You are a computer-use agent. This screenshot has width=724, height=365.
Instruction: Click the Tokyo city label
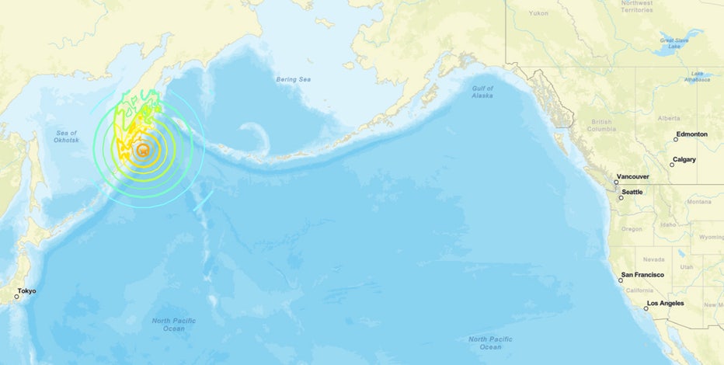(x=27, y=291)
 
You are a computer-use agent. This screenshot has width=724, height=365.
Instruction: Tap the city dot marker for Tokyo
(x=16, y=297)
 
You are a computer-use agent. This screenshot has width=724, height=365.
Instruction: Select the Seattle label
(x=632, y=192)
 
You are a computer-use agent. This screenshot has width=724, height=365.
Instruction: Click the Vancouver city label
(x=633, y=177)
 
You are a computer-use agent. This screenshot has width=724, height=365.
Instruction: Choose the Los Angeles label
(x=666, y=303)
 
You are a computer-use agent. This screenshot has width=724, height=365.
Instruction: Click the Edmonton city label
(x=692, y=134)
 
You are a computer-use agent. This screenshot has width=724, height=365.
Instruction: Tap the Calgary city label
(x=684, y=159)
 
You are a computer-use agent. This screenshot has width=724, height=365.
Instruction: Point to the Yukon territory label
(x=538, y=13)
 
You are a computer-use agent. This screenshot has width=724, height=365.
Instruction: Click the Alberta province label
(x=668, y=118)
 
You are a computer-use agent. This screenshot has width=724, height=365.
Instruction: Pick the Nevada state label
(x=653, y=259)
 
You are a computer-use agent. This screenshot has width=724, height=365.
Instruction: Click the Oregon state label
(x=632, y=228)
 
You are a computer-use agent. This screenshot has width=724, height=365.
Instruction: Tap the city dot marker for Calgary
(x=672, y=165)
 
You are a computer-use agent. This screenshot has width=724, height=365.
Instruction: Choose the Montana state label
(x=699, y=201)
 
